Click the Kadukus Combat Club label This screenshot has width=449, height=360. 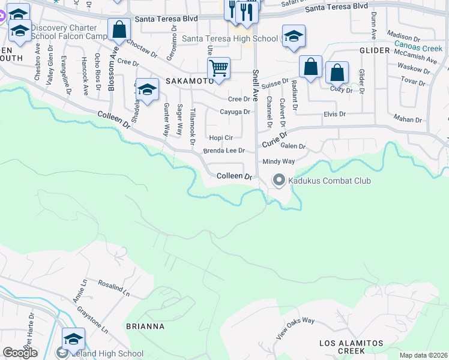click(330, 181)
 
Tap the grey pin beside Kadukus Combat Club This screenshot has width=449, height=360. click(279, 179)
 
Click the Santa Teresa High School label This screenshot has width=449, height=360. click(230, 39)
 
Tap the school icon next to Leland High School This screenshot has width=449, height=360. click(73, 340)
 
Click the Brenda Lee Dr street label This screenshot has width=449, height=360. click(224, 151)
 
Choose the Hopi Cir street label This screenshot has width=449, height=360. click(220, 137)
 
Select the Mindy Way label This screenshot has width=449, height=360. click(279, 162)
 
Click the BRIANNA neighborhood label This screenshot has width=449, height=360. click(145, 327)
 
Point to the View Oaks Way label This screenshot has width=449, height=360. click(295, 329)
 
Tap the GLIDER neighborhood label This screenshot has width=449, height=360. click(375, 52)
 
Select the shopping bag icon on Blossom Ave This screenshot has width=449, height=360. click(119, 30)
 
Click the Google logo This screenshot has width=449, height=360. click(20, 352)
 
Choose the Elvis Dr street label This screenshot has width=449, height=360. click(335, 114)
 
